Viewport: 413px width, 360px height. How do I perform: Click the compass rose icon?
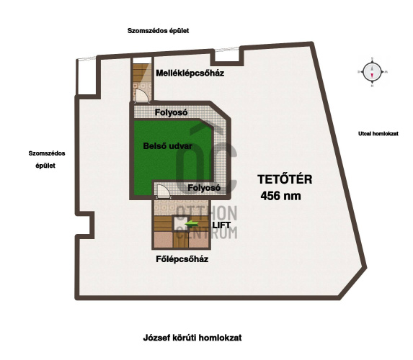(x=372, y=71)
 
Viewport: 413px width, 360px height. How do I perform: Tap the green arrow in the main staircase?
(x=192, y=224)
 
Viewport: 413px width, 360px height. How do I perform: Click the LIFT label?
(x=221, y=225)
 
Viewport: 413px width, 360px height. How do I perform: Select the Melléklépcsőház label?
(x=190, y=73)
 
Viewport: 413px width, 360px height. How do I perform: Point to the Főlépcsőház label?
(x=182, y=259)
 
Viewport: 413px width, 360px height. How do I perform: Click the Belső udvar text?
(x=167, y=146)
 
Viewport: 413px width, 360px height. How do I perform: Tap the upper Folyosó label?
(x=172, y=112)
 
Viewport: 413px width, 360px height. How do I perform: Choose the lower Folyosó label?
(x=204, y=188)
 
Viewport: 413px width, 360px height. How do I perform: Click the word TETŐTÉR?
(x=285, y=179)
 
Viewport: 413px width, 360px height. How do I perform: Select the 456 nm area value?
(x=281, y=196)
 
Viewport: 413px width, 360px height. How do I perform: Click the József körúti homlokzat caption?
(x=192, y=338)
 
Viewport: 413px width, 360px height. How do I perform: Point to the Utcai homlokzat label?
(x=378, y=134)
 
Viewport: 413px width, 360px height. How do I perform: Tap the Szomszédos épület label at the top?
(x=159, y=31)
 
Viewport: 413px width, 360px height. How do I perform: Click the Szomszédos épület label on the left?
(x=47, y=159)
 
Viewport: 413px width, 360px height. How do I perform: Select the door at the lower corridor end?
(x=163, y=192)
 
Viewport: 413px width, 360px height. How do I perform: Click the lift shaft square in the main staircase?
(x=180, y=224)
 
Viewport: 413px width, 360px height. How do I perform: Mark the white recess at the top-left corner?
(x=86, y=76)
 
